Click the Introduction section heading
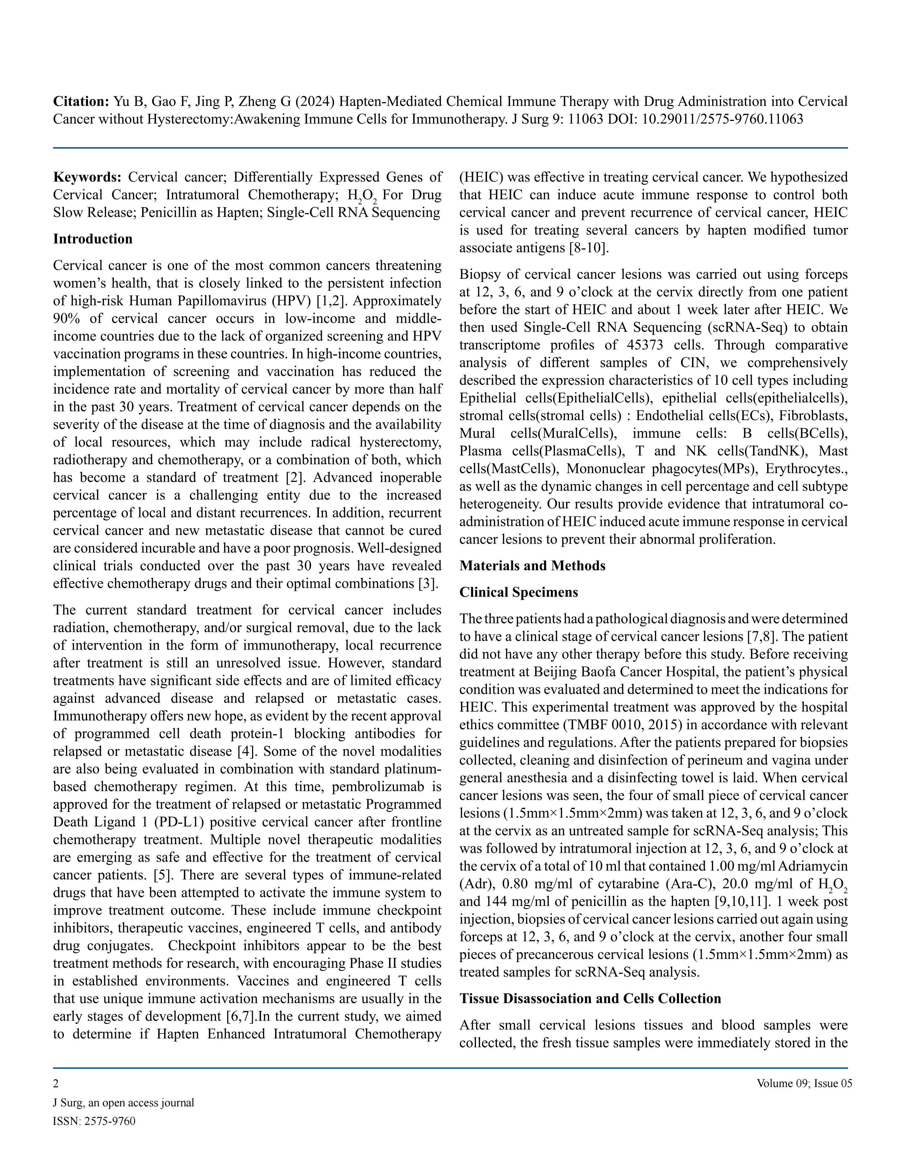[92, 239]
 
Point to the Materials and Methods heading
[532, 566]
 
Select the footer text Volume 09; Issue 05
[804, 1083]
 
